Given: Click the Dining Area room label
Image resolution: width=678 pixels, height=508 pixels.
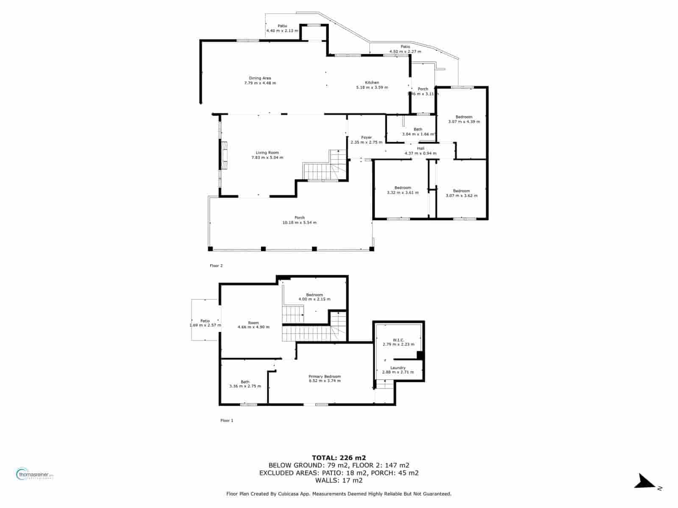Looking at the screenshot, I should pos(260,78).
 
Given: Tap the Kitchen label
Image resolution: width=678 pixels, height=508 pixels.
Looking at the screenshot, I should pos(372,83).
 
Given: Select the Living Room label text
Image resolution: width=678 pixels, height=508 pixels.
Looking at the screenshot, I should pos(267,153).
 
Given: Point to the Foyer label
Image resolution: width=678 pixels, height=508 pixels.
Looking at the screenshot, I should pos(367,138).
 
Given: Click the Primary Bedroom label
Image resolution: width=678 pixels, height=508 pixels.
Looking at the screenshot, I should pos(325,376).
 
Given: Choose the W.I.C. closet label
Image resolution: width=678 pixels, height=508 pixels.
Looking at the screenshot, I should pos(398,340).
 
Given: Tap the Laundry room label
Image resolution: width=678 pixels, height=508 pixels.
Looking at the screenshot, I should pos(398,368).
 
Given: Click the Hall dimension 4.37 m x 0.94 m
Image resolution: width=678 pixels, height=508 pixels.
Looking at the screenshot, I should pos(420,153).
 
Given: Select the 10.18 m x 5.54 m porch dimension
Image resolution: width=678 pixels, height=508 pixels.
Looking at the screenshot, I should pos(300,223).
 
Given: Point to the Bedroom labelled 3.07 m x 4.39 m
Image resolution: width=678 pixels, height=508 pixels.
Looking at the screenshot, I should pos(464,117).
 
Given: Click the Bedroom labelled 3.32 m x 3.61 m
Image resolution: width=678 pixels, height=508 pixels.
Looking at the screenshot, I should pos(403,188).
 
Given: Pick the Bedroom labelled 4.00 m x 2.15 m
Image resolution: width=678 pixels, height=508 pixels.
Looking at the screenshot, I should pos(314,295).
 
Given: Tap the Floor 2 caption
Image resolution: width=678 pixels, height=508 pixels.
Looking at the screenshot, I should pos(216,266).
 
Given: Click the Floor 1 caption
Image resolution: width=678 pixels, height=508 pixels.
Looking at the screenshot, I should pos(227,420).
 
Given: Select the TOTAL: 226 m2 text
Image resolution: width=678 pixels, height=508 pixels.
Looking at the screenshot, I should pos(339,458).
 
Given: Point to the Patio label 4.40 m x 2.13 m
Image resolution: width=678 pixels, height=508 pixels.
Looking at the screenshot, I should pos(282,26).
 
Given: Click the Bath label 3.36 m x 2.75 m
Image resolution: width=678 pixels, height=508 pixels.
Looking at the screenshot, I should pos(245,381).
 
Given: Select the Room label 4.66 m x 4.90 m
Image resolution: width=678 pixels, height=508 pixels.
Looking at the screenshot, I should pos(253,323).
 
